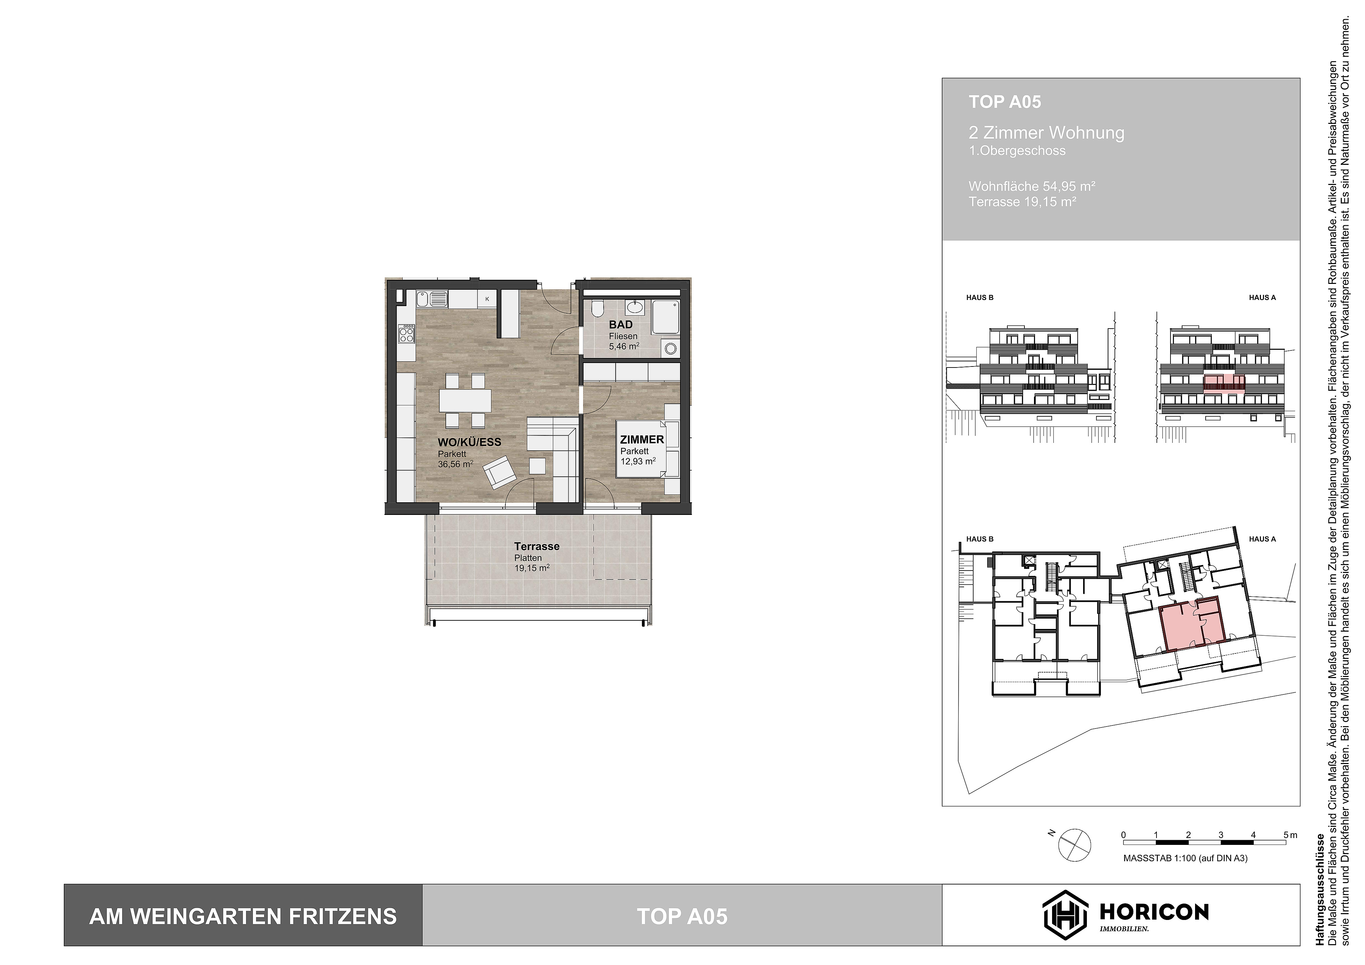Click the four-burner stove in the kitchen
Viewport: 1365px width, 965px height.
(x=407, y=334)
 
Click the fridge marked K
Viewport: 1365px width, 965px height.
(x=487, y=299)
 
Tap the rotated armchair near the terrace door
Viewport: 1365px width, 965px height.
(x=499, y=473)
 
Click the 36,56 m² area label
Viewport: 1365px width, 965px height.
(x=455, y=464)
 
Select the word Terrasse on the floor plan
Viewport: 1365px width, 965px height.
(x=537, y=546)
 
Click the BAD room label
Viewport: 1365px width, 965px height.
(x=621, y=325)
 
